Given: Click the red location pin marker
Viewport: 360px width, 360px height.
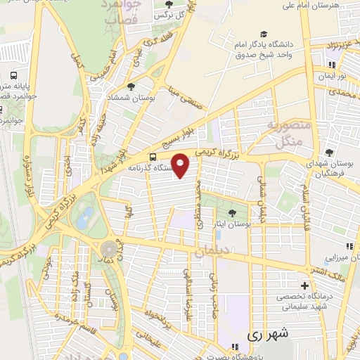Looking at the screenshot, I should tap(182, 165).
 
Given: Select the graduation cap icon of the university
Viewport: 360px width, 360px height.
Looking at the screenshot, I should tap(263, 34).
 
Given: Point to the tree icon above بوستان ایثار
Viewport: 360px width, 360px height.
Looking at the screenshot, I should tap(233, 213).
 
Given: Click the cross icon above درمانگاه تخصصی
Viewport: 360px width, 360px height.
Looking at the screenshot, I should tap(304, 286).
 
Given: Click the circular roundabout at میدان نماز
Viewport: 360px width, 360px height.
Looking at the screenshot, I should tap(109, 249).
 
